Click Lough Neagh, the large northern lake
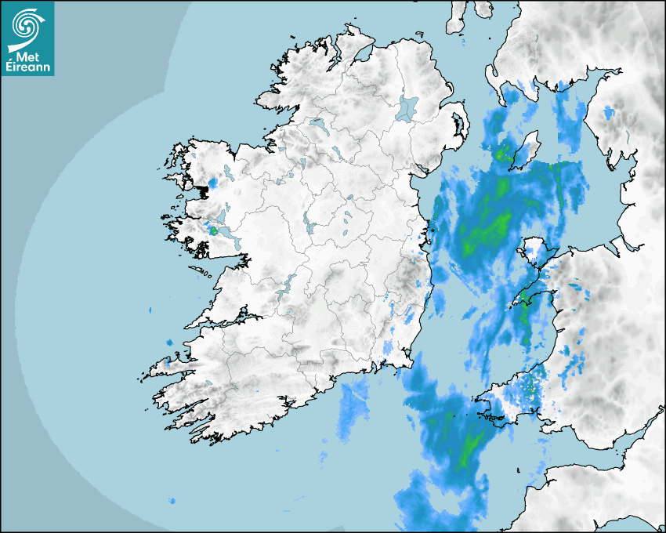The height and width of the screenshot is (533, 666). point(408,107)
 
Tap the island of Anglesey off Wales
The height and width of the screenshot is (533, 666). point(534,252)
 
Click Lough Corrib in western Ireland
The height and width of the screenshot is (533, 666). point(223,219)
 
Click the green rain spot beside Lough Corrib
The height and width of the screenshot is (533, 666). point(213,231)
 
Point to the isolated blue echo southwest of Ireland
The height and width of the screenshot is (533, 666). point(172,500)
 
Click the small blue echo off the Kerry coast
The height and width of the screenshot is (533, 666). point(168,343)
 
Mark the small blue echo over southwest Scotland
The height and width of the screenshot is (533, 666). point(609,114)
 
